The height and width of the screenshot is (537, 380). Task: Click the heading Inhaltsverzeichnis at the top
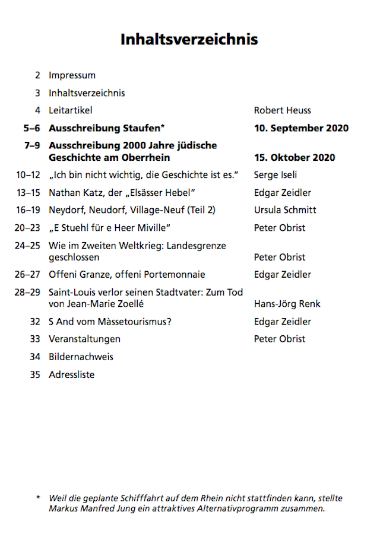click(x=189, y=39)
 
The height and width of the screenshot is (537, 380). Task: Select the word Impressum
click(x=72, y=75)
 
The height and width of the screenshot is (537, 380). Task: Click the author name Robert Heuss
click(x=282, y=110)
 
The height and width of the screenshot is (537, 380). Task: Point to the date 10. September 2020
click(x=301, y=128)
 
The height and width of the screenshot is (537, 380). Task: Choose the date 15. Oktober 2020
click(x=294, y=158)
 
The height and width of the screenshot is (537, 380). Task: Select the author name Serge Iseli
click(x=275, y=175)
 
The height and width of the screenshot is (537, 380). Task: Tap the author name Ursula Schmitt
click(x=285, y=210)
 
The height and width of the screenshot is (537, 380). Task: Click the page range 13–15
click(x=28, y=193)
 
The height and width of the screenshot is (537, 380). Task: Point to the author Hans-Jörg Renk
click(x=287, y=304)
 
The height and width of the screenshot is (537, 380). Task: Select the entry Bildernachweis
click(x=81, y=357)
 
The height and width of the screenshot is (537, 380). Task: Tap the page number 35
click(x=35, y=374)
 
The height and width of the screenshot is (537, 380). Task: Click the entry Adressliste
click(x=71, y=374)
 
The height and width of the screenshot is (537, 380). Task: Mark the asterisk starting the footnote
click(x=38, y=498)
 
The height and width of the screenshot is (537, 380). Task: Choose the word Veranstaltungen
click(x=84, y=339)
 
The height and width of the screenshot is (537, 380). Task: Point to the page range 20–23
click(x=28, y=228)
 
